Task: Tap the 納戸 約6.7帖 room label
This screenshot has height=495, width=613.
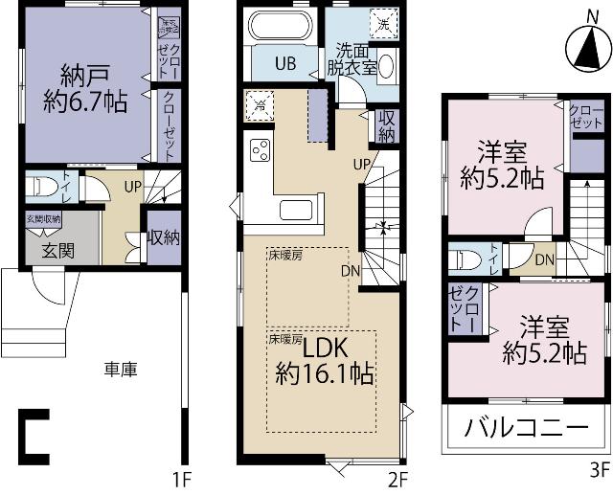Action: click(x=87, y=89)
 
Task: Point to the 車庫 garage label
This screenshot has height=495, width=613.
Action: click(x=121, y=370)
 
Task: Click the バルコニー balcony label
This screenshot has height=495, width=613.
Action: click(x=526, y=427)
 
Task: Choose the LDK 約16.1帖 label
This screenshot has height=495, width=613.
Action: click(x=325, y=359)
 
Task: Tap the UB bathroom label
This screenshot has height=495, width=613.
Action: click(x=285, y=64)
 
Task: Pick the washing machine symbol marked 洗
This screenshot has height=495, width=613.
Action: click(x=382, y=23)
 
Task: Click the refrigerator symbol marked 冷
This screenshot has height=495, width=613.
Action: click(x=258, y=104)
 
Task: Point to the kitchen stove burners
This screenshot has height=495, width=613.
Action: click(x=259, y=149)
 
